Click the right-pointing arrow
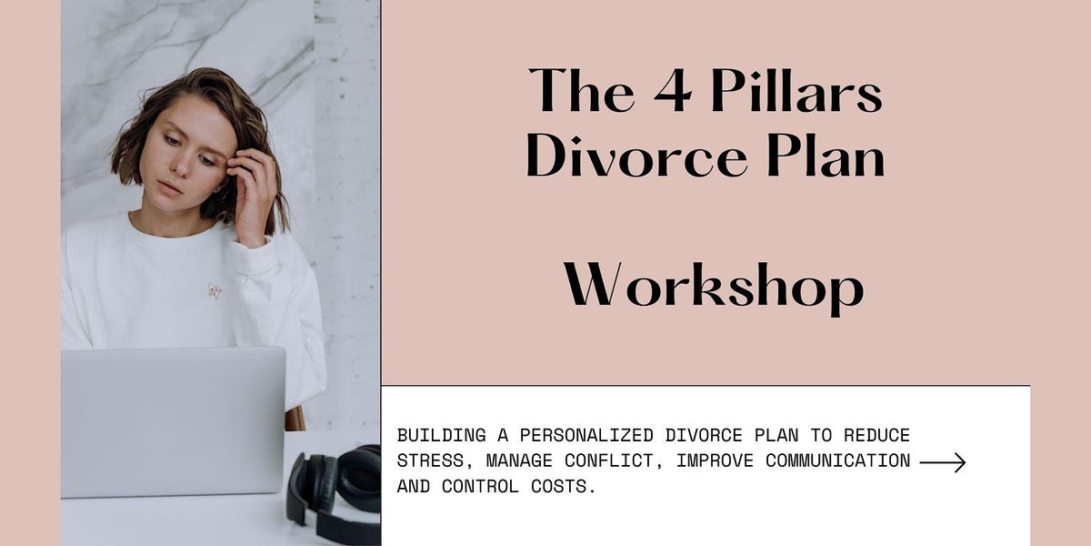(x=942, y=462)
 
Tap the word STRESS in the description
(x=431, y=461)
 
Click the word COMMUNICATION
(x=837, y=461)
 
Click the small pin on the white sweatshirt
(x=215, y=291)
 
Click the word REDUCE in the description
(x=877, y=436)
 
